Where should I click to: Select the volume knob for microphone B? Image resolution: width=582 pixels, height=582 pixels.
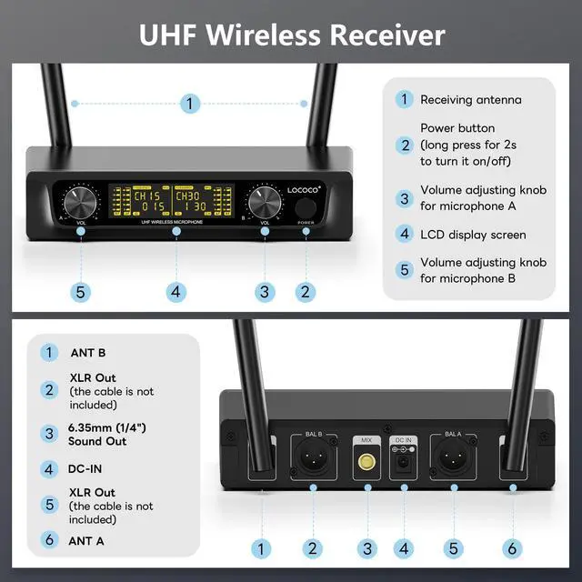[x=265, y=201]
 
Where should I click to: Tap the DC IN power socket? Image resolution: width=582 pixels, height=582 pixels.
[x=402, y=465]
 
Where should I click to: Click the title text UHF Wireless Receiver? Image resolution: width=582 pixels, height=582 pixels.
[x=291, y=35]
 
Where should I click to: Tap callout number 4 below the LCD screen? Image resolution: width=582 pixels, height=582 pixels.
[x=176, y=292]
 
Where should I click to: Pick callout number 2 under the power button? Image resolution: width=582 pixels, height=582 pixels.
[x=306, y=292]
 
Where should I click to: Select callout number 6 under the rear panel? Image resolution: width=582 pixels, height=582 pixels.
[x=512, y=548]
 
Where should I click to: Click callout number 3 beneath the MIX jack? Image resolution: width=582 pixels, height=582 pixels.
[x=367, y=548]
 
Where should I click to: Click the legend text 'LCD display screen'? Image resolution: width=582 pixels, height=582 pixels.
[x=473, y=235]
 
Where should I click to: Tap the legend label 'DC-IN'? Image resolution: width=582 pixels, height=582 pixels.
[x=88, y=469]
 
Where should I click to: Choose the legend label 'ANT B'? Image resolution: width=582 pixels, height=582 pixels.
[x=88, y=352]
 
